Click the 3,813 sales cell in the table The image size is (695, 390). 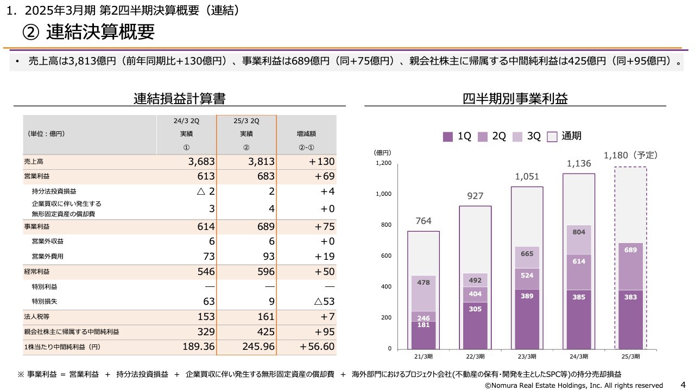pos(261,162)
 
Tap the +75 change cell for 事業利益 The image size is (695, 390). pos(322,227)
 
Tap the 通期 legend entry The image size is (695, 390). pos(565,137)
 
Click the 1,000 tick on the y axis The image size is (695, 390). pos(383,194)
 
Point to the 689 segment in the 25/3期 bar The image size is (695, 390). pos(630,251)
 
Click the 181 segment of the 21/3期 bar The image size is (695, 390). pos(423,325)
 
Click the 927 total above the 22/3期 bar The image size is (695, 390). pos(475,196)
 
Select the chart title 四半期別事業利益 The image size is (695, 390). pos(515,99)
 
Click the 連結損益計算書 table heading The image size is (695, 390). pos(180,99)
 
